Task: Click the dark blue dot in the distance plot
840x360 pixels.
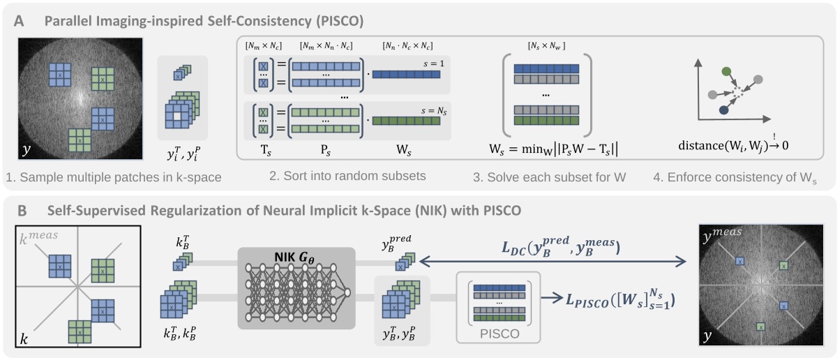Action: [724, 110]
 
